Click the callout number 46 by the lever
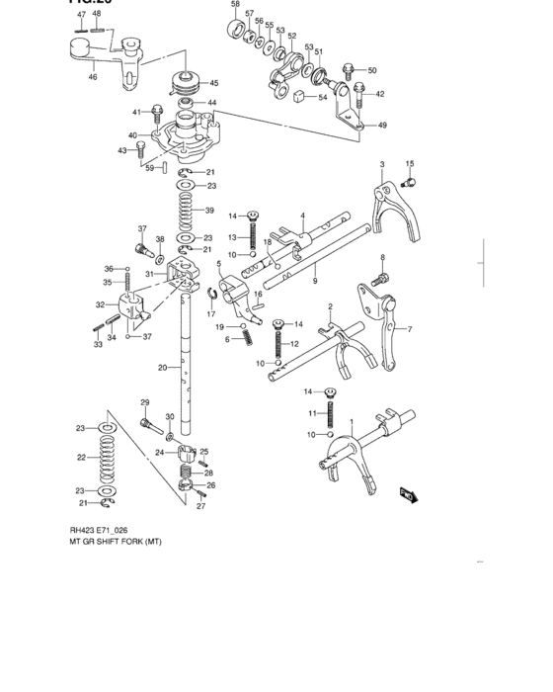pos(93,76)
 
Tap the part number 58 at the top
pos(234,5)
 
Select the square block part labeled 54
pos(297,96)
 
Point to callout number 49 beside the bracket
pos(382,126)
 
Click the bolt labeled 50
pos(348,70)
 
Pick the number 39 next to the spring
pos(208,211)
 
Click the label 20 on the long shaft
pos(162,368)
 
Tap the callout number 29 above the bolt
pos(144,402)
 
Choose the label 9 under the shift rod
pos(314,281)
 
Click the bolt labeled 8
pos(383,281)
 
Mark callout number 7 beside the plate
pos(410,329)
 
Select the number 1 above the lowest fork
pos(351,421)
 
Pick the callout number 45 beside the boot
pos(213,83)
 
